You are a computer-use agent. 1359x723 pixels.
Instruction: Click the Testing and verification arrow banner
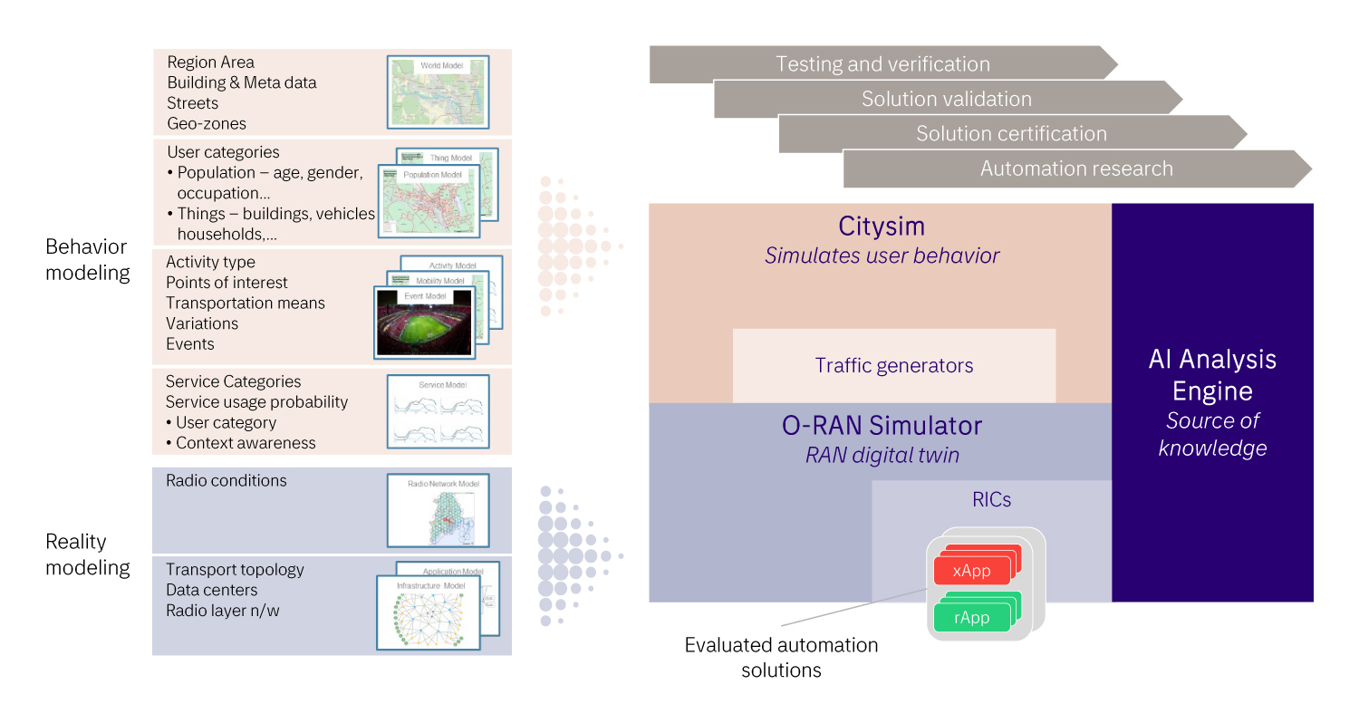pos(882,64)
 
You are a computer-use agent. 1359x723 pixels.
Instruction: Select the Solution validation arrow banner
pos(947,99)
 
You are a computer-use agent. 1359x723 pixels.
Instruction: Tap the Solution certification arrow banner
pos(1011,133)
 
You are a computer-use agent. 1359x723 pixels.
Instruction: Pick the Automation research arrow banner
pos(1076,169)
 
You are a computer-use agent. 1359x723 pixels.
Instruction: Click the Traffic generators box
pos(894,366)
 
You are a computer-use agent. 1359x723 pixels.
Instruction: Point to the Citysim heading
pos(882,227)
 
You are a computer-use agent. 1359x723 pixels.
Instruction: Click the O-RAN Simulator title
pos(882,425)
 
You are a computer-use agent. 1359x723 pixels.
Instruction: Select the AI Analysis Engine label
pos(1212,375)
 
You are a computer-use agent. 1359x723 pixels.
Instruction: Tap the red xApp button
pos(971,571)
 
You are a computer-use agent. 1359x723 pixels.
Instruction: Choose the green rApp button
pos(971,618)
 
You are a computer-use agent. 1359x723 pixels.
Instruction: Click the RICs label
pos(991,499)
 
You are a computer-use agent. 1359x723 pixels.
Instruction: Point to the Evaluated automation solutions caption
pos(781,658)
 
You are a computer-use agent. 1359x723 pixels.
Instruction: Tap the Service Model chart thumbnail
pos(438,412)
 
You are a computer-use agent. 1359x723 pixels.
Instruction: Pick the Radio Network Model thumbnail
pos(438,510)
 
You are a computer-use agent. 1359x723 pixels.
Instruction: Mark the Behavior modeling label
pos(87,259)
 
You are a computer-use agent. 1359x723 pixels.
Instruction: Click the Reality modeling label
pos(87,554)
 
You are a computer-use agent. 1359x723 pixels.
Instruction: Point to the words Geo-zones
pos(207,123)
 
